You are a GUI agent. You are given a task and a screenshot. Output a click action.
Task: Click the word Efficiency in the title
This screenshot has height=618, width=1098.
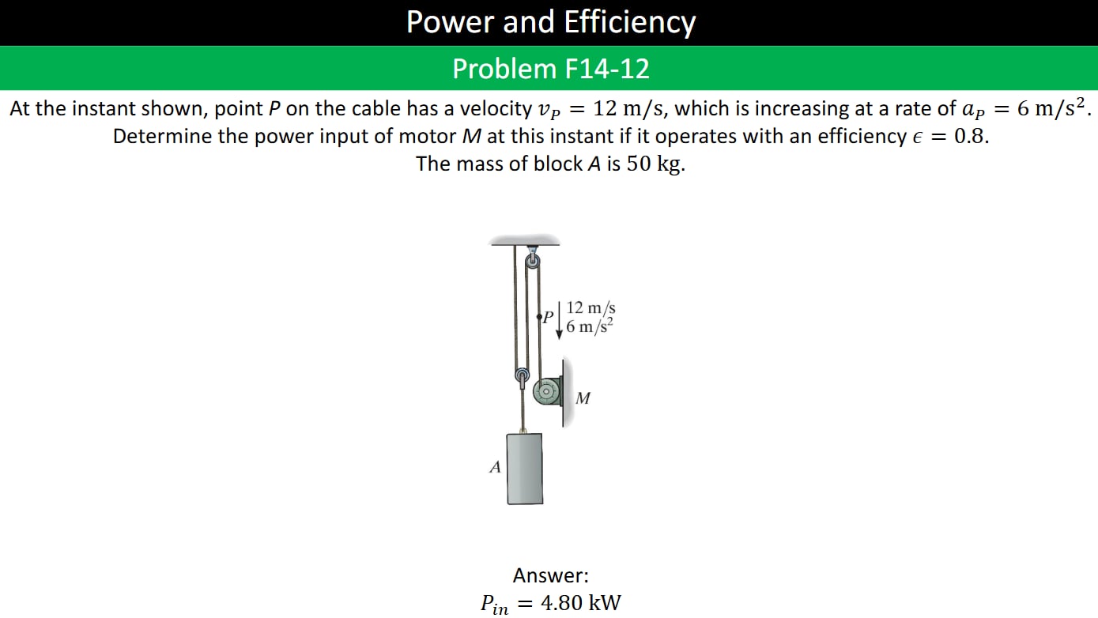coord(630,23)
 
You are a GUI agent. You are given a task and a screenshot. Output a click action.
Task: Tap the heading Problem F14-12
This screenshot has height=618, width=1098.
coord(550,69)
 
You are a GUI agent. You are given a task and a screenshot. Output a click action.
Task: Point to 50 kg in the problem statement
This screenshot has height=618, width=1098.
coord(654,164)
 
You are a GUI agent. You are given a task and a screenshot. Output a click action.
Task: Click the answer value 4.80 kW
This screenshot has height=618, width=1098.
coord(581,603)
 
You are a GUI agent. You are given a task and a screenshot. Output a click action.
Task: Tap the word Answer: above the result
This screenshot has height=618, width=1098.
coord(550,575)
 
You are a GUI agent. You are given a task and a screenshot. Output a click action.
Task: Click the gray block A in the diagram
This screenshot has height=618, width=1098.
coord(524,469)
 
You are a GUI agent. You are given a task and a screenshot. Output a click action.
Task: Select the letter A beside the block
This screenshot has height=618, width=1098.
coord(495,467)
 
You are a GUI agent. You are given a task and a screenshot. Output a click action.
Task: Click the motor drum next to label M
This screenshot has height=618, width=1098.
coord(546,391)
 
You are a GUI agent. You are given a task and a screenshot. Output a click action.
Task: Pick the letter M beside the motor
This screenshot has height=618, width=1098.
coord(583,398)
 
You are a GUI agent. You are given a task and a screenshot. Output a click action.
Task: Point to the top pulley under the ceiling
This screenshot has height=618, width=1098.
coord(533,260)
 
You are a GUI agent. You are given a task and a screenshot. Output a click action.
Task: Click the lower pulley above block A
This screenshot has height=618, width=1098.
coord(522,375)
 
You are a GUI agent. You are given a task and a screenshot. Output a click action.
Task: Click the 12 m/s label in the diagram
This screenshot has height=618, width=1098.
coord(591,307)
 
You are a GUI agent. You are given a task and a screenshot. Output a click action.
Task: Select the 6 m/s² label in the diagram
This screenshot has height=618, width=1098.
coord(590,326)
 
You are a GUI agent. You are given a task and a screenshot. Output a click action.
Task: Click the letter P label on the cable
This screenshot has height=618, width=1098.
coord(548,317)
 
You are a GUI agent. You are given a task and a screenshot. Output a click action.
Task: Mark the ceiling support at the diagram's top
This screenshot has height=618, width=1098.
coord(525,240)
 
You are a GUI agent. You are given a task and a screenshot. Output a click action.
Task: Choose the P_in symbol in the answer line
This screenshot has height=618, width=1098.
coord(495,605)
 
